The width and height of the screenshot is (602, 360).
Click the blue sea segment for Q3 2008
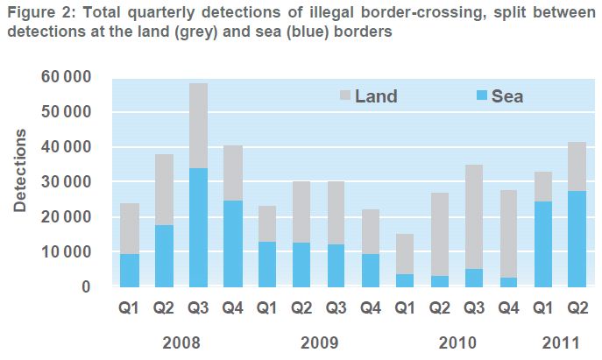199,228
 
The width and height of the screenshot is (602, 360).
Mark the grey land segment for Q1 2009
267,224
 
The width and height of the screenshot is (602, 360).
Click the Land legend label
376,96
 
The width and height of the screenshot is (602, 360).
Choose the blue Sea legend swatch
478,96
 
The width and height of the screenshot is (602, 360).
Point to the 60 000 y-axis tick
66,77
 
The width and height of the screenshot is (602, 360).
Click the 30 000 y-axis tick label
66,182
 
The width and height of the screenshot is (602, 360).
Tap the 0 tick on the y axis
85,287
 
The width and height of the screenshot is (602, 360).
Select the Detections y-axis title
20,171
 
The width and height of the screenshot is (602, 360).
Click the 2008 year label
182,341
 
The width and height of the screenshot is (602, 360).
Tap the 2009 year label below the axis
320,341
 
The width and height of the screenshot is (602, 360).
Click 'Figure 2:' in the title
36,13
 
